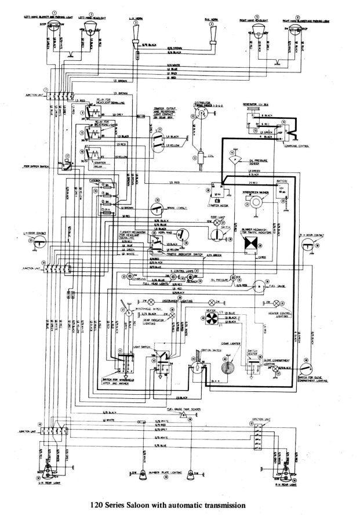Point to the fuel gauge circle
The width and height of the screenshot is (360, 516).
pos(257,285)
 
